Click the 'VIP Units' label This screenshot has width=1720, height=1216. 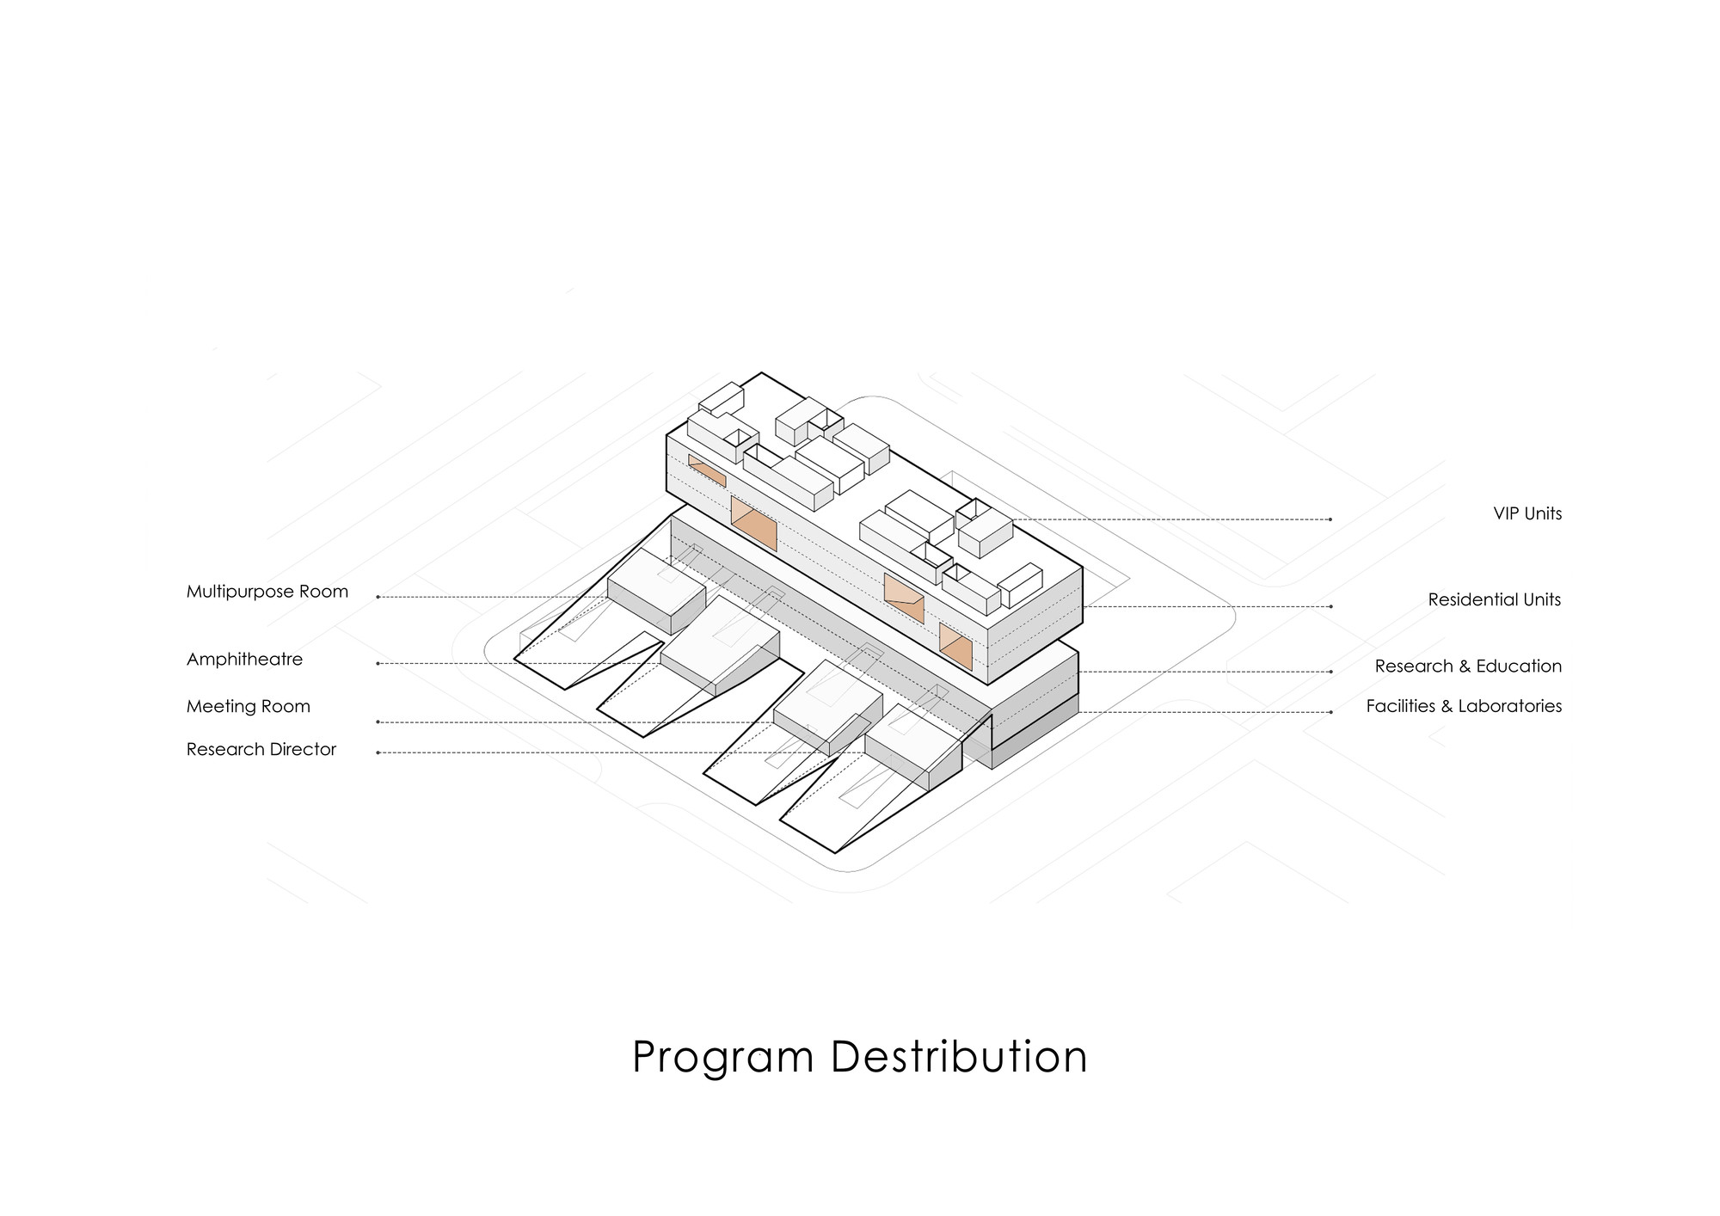pyautogui.click(x=1527, y=513)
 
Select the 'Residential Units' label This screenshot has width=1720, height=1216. pyautogui.click(x=1494, y=599)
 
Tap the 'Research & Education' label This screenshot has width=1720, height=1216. pyautogui.click(x=1468, y=666)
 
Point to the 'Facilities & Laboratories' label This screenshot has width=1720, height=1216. pyautogui.click(x=1464, y=706)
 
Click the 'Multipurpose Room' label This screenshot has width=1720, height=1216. pyautogui.click(x=267, y=592)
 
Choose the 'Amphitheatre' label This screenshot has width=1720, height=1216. pyautogui.click(x=244, y=660)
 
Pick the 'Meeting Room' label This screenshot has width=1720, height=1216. pyautogui.click(x=248, y=706)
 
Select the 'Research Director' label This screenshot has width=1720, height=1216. pyautogui.click(x=261, y=749)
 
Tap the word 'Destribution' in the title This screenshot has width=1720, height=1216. pyautogui.click(x=959, y=1056)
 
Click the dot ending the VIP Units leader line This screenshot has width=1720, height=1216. pyautogui.click(x=1330, y=519)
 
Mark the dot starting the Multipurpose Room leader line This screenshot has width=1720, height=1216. pyautogui.click(x=378, y=597)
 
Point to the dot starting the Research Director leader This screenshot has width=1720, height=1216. pyautogui.click(x=378, y=753)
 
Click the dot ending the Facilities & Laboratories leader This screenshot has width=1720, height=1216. pyautogui.click(x=1331, y=712)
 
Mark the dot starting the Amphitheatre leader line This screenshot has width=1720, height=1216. pyautogui.click(x=378, y=664)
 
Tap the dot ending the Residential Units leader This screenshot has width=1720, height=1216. pyautogui.click(x=1331, y=606)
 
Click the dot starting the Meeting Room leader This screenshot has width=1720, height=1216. pyautogui.click(x=378, y=722)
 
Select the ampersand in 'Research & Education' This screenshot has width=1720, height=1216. pyautogui.click(x=1459, y=666)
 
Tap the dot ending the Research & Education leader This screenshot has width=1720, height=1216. pyautogui.click(x=1331, y=672)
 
